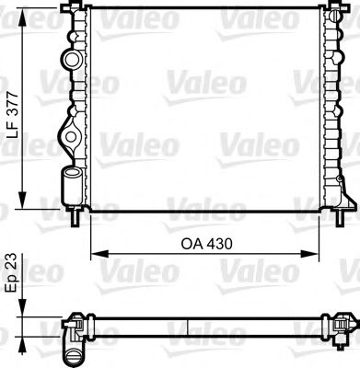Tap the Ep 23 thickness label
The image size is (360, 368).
tap(10, 278)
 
